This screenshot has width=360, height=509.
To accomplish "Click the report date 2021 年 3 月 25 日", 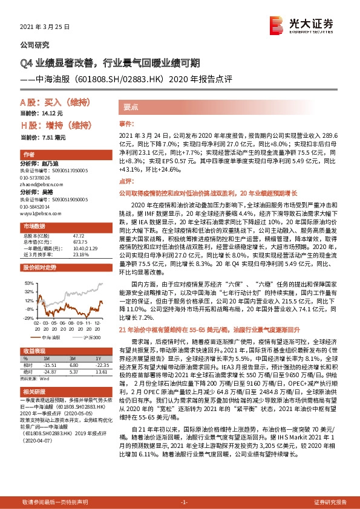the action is [x=45, y=28].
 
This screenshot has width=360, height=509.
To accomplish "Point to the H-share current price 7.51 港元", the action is [x=51, y=137].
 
